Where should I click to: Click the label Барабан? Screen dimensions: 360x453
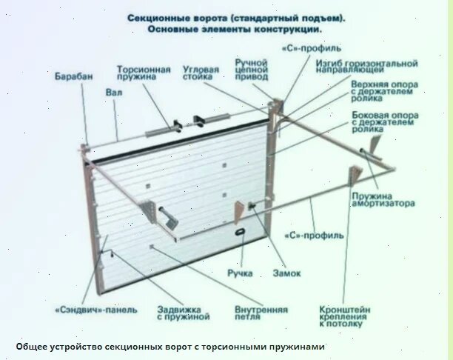(73, 75)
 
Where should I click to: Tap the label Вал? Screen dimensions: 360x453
(113, 93)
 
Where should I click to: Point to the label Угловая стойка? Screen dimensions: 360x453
(201, 73)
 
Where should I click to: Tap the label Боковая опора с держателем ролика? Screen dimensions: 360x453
(384, 122)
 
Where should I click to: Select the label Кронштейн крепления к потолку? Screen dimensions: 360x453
(345, 316)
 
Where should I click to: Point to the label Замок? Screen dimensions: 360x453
(286, 273)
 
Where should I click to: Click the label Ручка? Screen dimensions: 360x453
(241, 273)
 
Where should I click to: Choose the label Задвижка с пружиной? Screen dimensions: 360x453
(183, 312)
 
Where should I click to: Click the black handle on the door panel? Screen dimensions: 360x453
(241, 233)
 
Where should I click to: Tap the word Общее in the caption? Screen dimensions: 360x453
(33, 347)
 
